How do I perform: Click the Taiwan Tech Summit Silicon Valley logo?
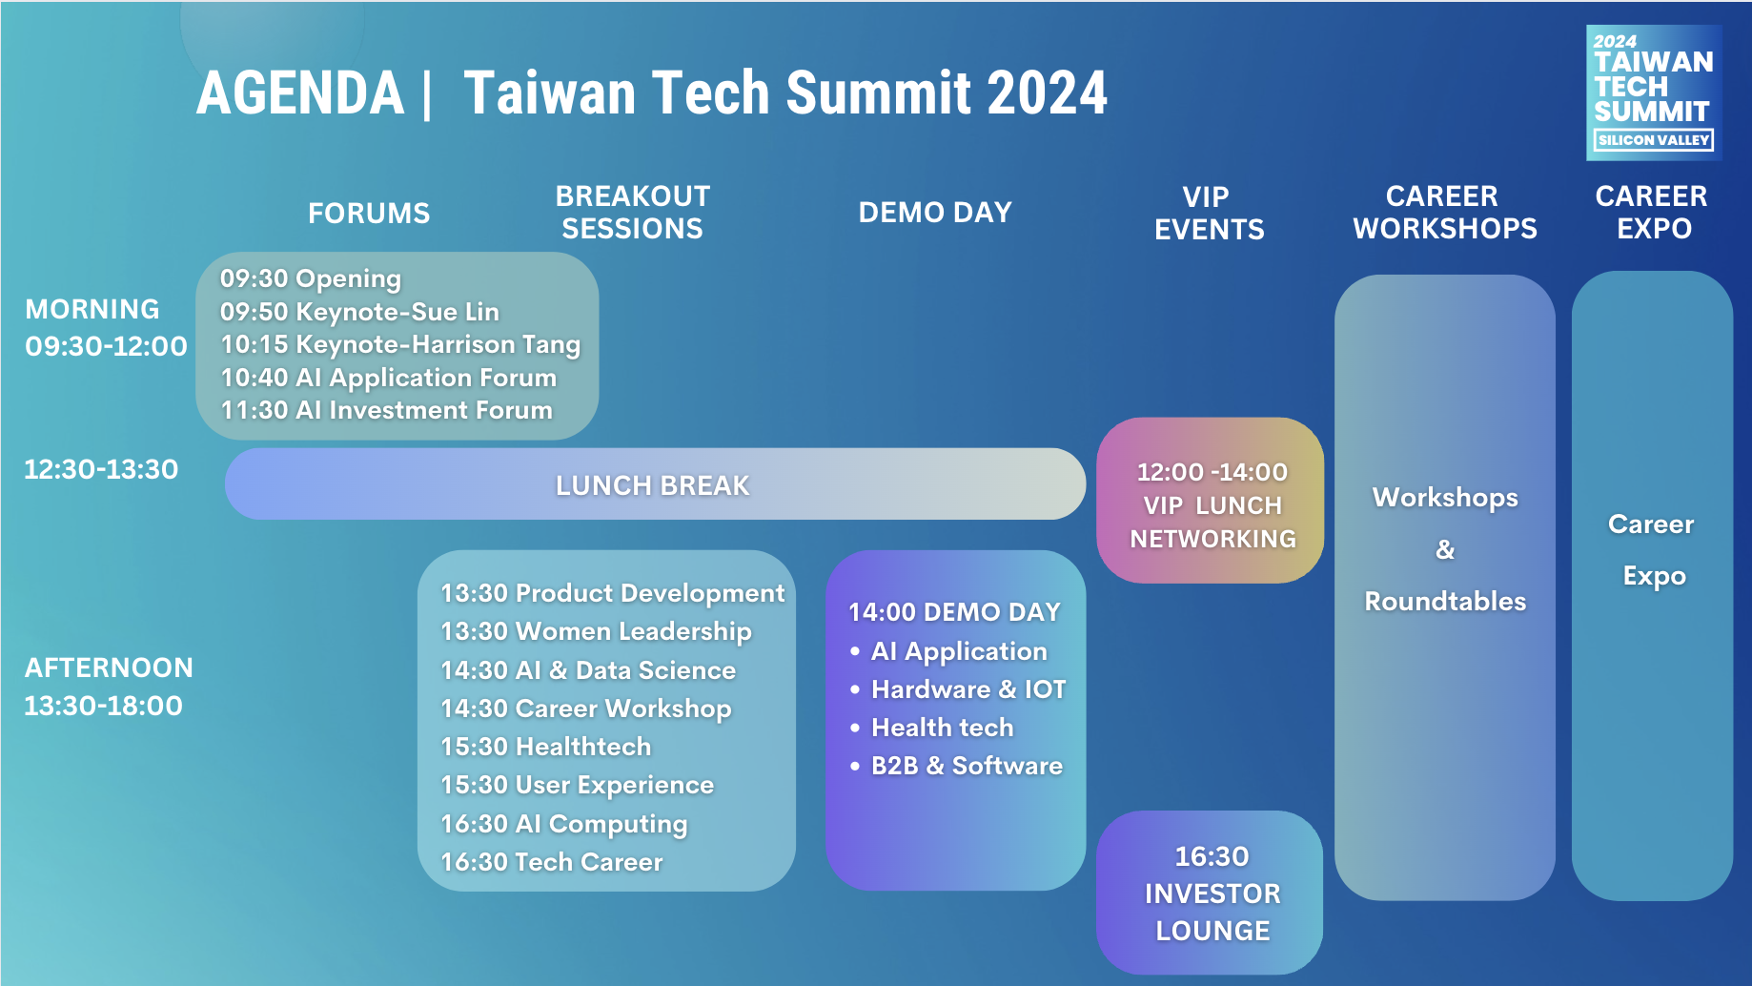(x=1654, y=92)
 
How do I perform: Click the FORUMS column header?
(x=369, y=214)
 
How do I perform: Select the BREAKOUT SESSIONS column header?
(x=633, y=213)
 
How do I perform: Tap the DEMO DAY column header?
(x=935, y=213)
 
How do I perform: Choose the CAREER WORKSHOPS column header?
(x=1445, y=213)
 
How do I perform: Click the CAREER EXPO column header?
(x=1652, y=213)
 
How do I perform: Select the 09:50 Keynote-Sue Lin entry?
(x=359, y=312)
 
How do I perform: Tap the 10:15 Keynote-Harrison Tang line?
(x=400, y=344)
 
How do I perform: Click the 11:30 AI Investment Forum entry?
(x=387, y=410)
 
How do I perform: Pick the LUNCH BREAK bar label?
(x=653, y=485)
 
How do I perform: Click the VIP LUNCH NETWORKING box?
(x=1211, y=501)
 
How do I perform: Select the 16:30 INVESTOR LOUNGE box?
(x=1210, y=893)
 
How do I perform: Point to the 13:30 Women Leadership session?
(x=596, y=631)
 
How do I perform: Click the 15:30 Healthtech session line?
(x=546, y=747)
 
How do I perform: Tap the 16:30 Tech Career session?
(x=551, y=862)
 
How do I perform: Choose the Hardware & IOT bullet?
(x=958, y=689)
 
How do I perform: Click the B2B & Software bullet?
(x=956, y=766)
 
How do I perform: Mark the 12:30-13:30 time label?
(x=101, y=469)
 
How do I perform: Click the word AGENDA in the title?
(x=300, y=93)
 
